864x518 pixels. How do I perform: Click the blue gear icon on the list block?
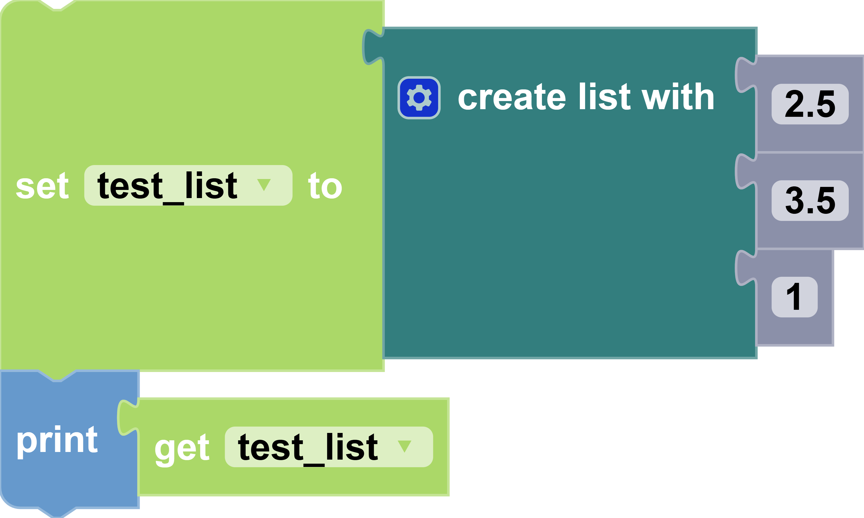pos(419,98)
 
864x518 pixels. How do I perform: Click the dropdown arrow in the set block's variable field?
pos(264,185)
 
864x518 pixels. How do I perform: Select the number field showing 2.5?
pos(810,104)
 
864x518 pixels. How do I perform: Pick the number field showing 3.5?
pos(810,201)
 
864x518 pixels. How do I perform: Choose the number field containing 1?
pos(794,297)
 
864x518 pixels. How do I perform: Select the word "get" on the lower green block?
pos(182,450)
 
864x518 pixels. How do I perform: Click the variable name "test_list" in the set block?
pos(167,187)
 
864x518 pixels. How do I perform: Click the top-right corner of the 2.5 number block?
pos(863,56)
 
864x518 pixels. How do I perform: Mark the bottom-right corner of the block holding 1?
pos(833,346)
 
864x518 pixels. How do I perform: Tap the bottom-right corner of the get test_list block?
pos(449,495)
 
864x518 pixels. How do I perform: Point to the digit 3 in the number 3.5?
pos(794,200)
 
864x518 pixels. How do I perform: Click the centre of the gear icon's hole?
pos(419,98)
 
